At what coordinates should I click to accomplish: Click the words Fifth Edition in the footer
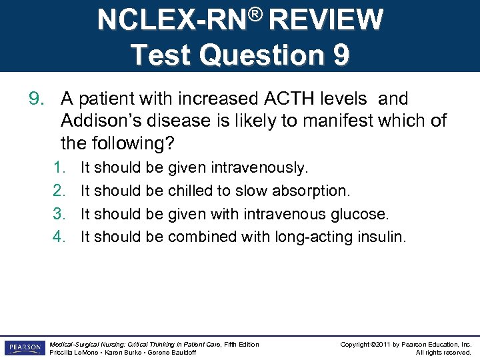tap(241, 344)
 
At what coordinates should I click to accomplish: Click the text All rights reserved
tap(443, 352)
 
